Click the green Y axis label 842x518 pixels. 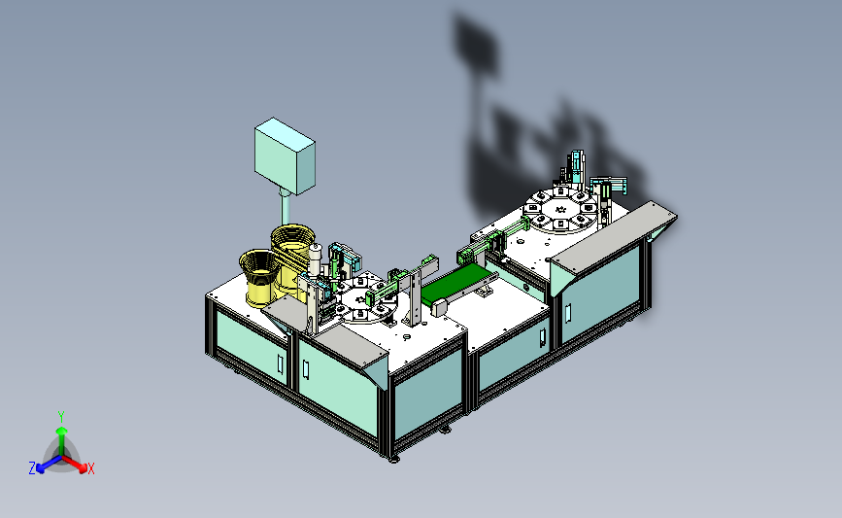coord(61,415)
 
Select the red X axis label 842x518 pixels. coord(91,469)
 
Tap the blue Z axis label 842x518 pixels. coord(32,468)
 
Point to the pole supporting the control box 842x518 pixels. coord(284,208)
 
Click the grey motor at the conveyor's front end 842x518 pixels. coord(440,306)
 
